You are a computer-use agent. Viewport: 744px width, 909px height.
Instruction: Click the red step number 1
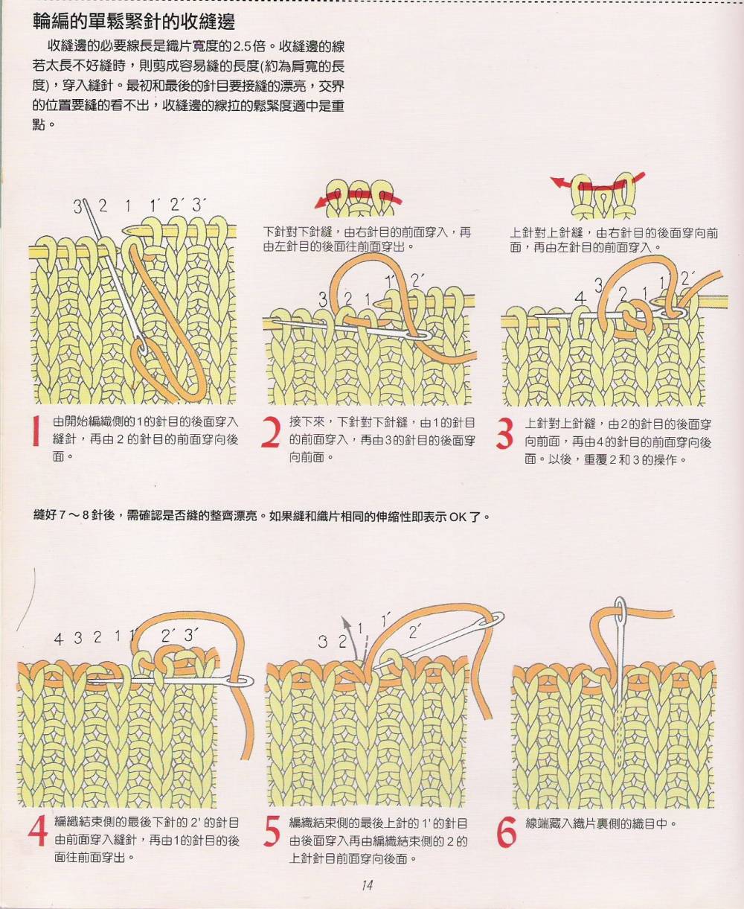[36, 430]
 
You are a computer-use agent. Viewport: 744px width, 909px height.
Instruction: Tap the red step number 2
[272, 433]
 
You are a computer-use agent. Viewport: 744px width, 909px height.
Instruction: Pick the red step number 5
[272, 832]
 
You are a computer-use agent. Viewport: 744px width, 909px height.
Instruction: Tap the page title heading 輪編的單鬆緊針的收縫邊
[134, 21]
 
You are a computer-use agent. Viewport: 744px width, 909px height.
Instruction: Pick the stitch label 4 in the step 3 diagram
[581, 299]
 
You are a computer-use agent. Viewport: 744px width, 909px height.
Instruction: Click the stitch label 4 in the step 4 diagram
[59, 640]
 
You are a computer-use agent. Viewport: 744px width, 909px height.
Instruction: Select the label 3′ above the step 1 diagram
[199, 204]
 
